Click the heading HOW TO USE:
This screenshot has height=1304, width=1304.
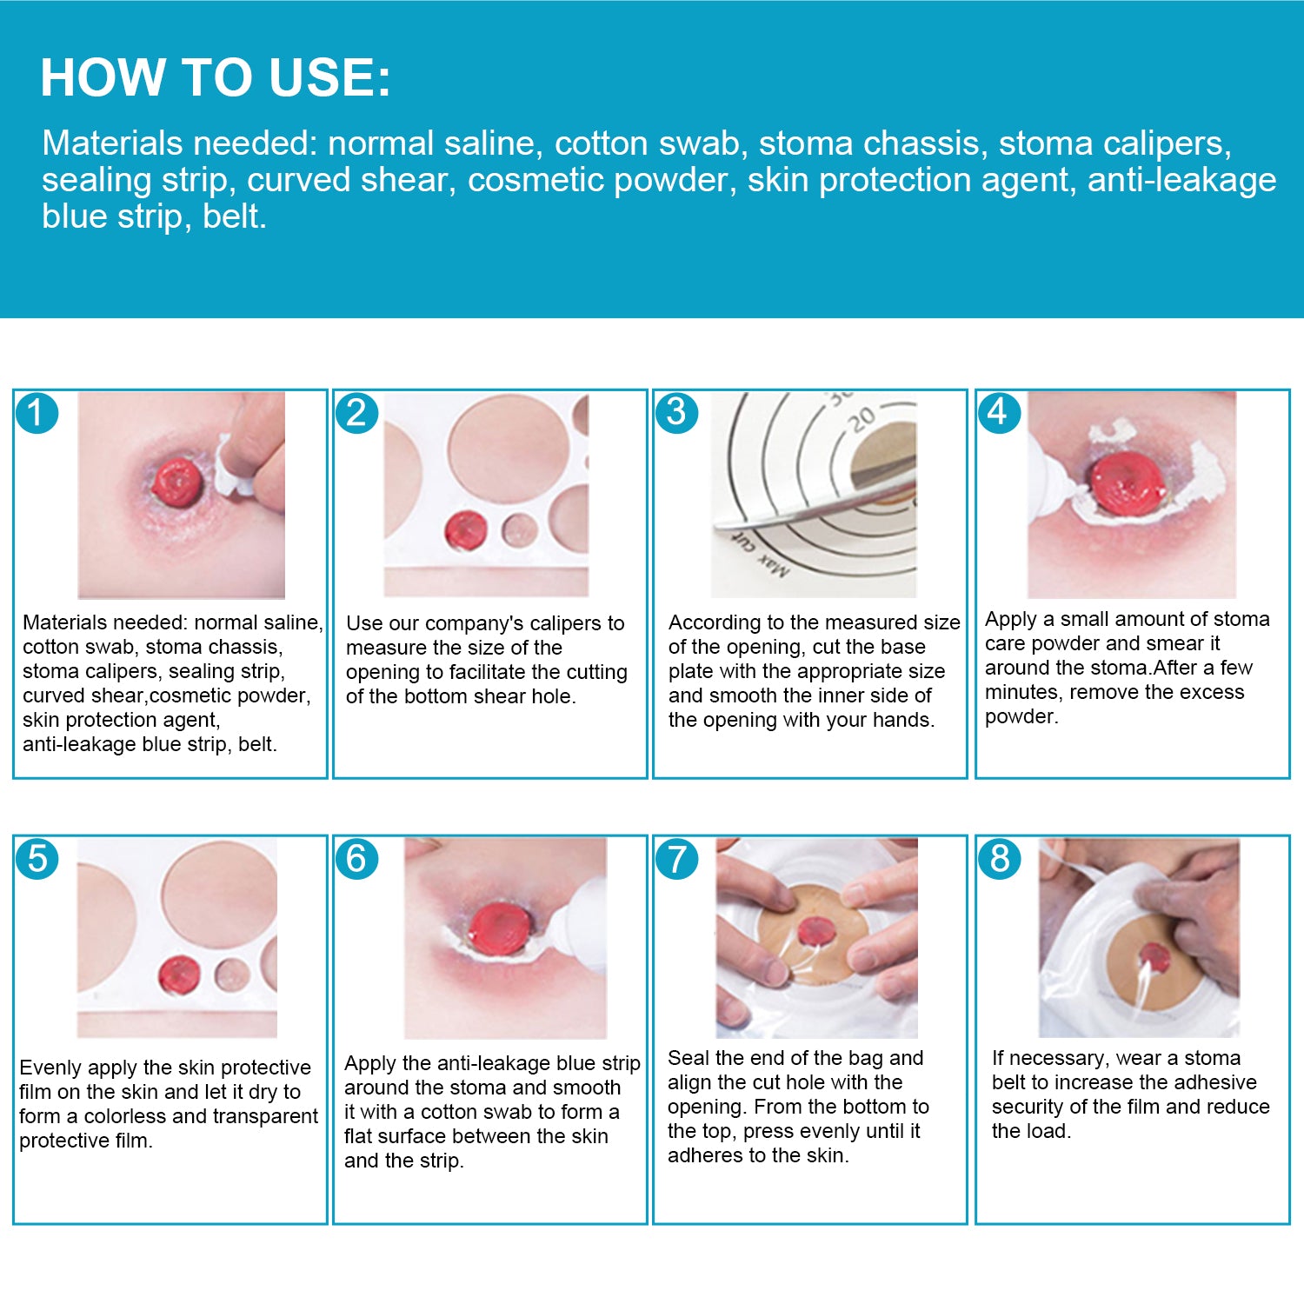point(216,77)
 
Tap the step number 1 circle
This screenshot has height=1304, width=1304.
point(37,413)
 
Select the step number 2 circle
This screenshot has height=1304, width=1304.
point(356,413)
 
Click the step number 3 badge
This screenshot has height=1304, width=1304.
point(676,413)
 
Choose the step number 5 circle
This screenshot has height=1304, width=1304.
point(37,859)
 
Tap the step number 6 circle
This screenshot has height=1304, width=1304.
point(356,859)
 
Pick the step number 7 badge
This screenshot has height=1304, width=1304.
point(676,859)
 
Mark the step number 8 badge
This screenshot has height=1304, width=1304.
point(999,859)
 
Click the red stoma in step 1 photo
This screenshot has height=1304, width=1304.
point(178,482)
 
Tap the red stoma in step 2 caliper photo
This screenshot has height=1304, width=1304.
point(466,531)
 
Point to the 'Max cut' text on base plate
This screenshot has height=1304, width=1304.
point(760,554)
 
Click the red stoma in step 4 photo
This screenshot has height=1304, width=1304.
point(1128,483)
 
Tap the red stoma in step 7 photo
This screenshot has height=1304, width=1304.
point(815,931)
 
